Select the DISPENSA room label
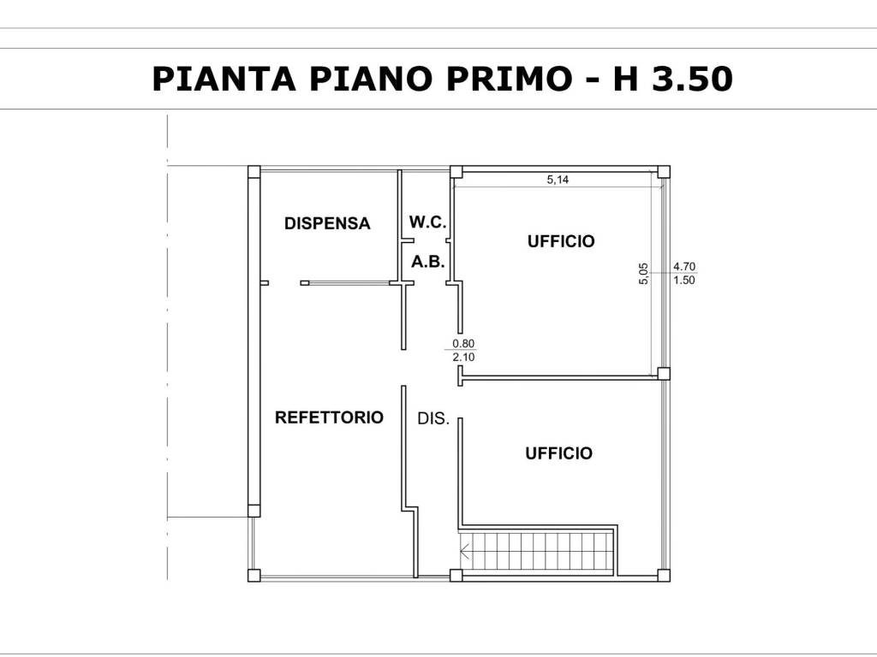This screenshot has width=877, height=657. (x=327, y=224)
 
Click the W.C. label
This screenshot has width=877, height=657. (x=427, y=222)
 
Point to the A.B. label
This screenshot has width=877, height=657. (x=427, y=263)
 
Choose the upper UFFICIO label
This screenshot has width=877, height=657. (x=561, y=241)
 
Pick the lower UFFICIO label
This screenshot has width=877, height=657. (x=558, y=453)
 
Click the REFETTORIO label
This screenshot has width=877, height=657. (x=329, y=417)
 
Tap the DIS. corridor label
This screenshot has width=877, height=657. (x=433, y=419)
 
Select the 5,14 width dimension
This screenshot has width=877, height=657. (x=558, y=180)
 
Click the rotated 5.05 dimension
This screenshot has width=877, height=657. (x=644, y=273)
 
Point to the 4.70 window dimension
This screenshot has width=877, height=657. (x=684, y=267)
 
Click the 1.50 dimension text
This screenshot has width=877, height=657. (x=684, y=281)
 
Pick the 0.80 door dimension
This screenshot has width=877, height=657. (x=463, y=344)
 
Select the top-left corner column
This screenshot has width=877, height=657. (x=254, y=171)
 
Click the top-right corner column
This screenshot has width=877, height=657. (x=663, y=171)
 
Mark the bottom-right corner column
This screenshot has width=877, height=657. (x=663, y=575)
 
